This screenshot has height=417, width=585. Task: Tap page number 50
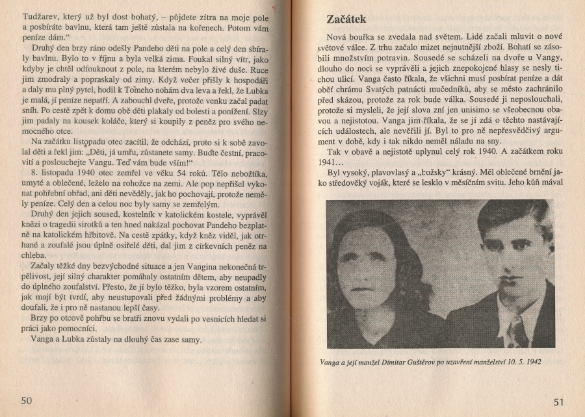(x=26, y=400)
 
